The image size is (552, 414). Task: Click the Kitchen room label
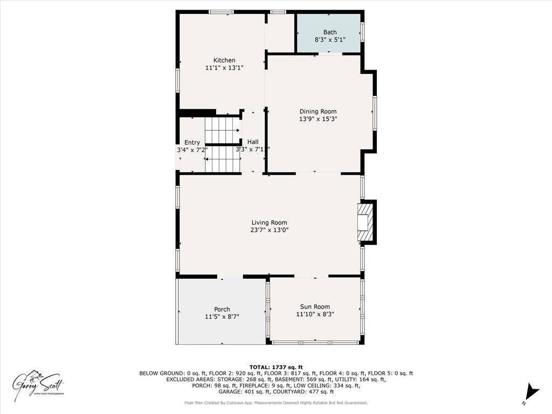click(x=224, y=60)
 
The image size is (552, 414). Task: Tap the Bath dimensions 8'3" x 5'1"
click(x=329, y=40)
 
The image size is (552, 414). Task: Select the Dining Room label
click(x=318, y=112)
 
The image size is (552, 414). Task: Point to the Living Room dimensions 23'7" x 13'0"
click(x=269, y=230)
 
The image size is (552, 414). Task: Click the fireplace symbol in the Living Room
click(x=367, y=221)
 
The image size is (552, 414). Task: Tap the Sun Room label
click(x=315, y=307)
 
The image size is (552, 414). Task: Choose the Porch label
click(x=222, y=309)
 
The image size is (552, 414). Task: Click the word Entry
click(x=192, y=142)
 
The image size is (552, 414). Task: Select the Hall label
click(x=253, y=142)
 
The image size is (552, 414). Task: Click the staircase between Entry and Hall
click(x=222, y=144)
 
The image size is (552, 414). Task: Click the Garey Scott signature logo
click(x=39, y=384)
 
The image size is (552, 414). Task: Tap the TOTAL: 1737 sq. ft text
click(x=275, y=367)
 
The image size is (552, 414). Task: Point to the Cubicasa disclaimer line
click(x=275, y=403)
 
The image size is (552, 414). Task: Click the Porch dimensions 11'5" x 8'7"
click(x=222, y=317)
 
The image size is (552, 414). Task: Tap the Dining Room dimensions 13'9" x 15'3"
click(x=318, y=119)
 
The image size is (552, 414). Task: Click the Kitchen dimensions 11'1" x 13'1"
click(x=224, y=68)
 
